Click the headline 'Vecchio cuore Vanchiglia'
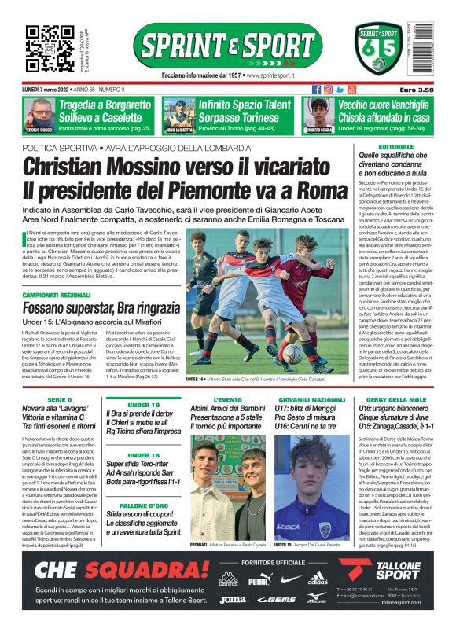pos(385,105)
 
